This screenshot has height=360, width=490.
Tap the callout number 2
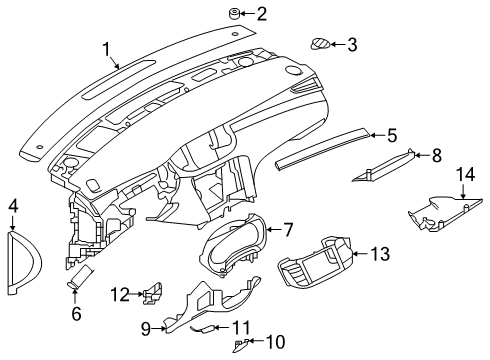click(261, 14)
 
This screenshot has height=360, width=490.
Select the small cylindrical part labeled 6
click(435, 155)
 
